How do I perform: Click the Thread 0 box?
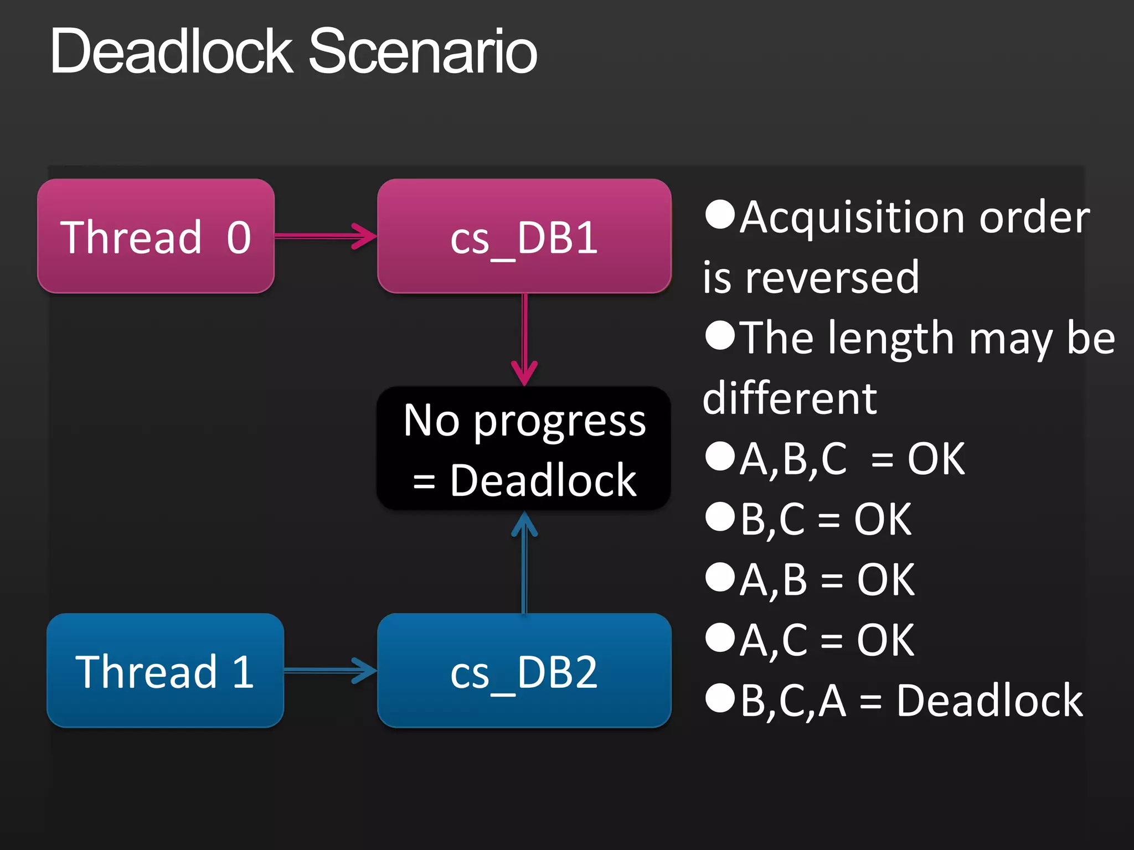156,236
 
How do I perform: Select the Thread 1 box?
165,671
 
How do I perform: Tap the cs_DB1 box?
524,236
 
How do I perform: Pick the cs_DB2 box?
524,671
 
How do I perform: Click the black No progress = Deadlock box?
524,448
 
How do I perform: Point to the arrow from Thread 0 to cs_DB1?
326,236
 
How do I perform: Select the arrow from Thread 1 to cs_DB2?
330,671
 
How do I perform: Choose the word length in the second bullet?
890,339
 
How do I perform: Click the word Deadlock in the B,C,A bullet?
989,701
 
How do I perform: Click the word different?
790,398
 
